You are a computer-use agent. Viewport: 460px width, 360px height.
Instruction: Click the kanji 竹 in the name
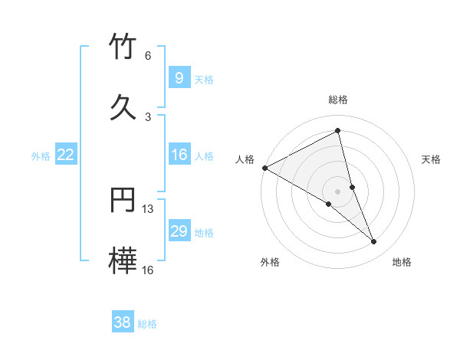123,47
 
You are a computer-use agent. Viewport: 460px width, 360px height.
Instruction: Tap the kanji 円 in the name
123,200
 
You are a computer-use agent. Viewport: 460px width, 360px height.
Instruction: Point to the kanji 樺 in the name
123,261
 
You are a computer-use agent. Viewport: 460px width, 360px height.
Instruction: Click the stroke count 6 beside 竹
148,56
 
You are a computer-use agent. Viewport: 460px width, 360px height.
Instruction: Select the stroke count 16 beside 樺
148,270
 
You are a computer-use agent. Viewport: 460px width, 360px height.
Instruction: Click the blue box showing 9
179,77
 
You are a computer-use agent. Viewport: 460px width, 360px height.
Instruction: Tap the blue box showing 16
179,155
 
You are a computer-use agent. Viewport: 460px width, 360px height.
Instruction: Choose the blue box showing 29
179,231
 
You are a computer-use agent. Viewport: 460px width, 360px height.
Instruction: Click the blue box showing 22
66,155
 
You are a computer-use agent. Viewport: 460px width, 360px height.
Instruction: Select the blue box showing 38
123,322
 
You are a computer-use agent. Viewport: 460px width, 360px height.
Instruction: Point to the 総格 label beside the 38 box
147,324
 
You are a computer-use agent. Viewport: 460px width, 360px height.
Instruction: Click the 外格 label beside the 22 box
41,156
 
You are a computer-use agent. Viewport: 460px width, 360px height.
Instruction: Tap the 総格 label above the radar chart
337,100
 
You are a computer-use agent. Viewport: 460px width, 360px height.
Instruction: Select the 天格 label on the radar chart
432,159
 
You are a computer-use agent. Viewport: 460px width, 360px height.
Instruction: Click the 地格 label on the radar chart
402,262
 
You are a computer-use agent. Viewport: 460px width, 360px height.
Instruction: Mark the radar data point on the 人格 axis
264,167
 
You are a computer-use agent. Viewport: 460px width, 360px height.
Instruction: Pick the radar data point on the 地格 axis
374,241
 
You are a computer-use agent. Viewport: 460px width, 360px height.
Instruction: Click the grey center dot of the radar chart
337,191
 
